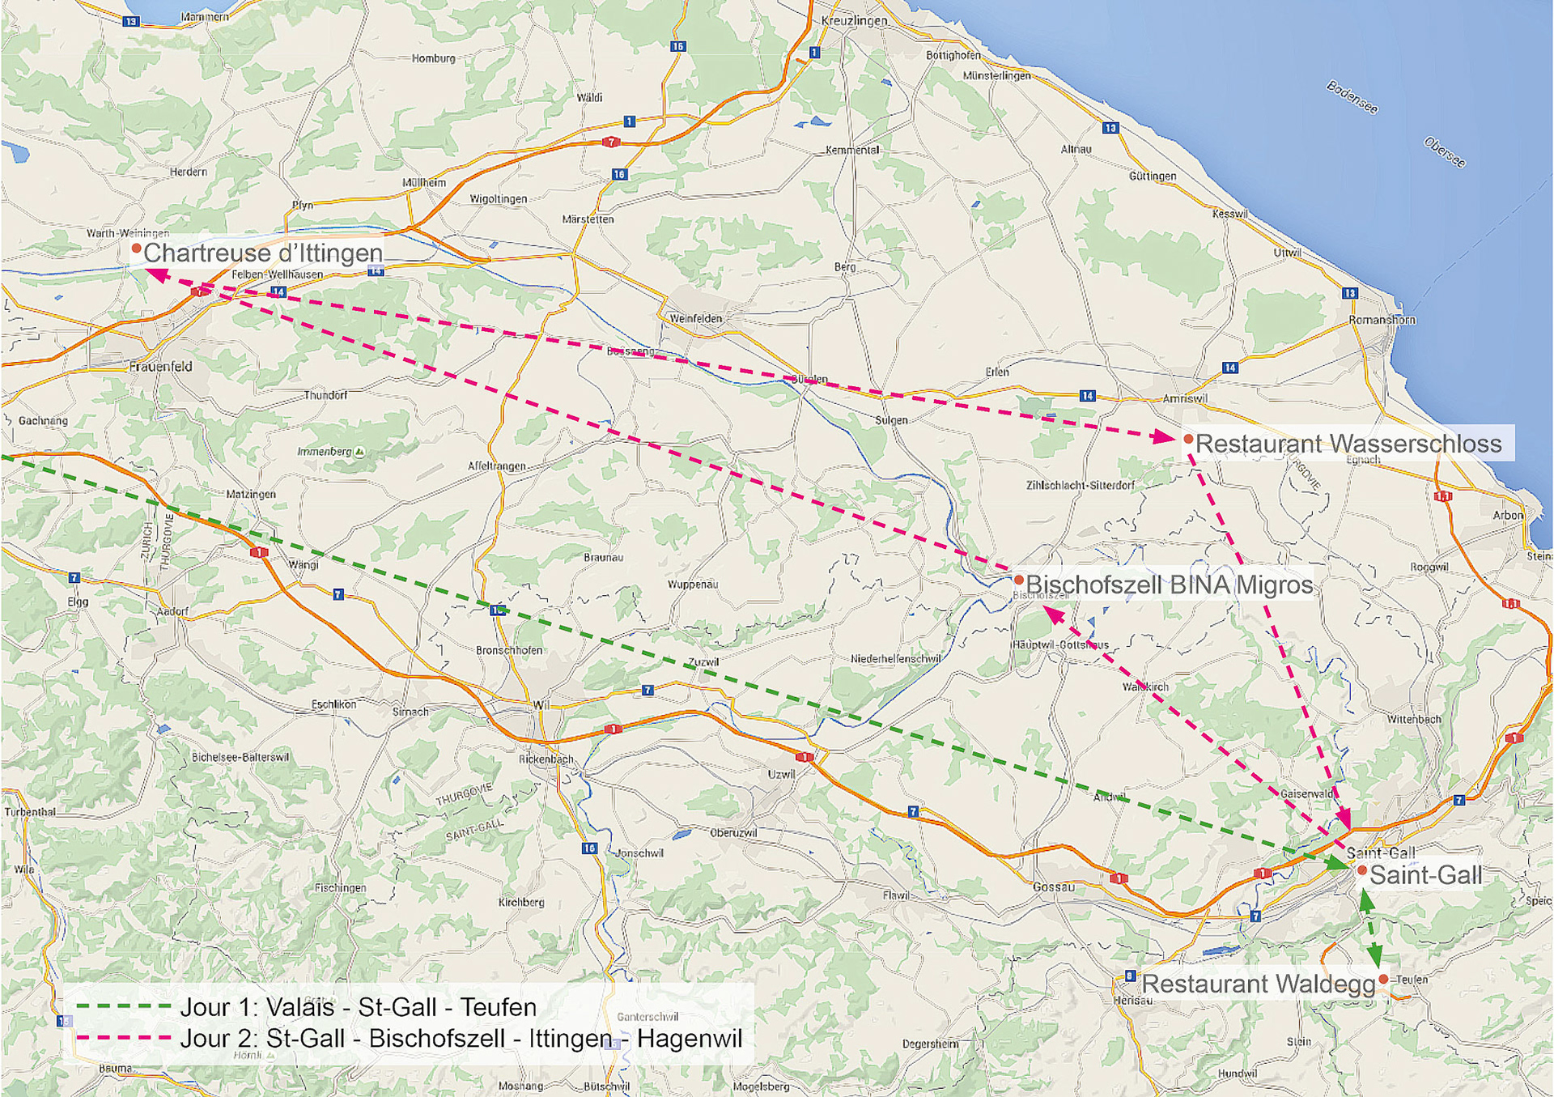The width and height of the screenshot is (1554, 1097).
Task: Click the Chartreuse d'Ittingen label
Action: coord(262,253)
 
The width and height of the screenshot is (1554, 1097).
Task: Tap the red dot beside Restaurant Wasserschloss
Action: coord(1188,439)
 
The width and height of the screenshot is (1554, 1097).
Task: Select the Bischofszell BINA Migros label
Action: coord(1169,585)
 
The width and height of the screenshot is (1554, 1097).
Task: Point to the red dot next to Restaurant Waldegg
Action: coord(1383,980)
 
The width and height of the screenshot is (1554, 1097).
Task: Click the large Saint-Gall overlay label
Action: coord(1425,875)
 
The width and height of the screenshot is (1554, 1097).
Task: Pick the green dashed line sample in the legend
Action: coord(123,1006)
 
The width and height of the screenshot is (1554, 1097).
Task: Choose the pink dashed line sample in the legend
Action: coord(123,1037)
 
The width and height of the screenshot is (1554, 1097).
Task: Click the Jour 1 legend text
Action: coord(358,1007)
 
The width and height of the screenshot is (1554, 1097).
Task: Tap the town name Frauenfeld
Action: coord(160,367)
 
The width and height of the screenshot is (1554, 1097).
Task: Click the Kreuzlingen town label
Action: coord(854,20)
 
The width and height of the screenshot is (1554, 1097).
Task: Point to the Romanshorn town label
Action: coord(1382,320)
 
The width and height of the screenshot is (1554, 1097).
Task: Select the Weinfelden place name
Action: coord(695,318)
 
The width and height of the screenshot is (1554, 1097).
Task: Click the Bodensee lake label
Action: coord(1352,97)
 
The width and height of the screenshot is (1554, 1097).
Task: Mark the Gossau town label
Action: coord(1053,887)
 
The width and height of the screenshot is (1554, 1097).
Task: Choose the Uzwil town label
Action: coord(781,774)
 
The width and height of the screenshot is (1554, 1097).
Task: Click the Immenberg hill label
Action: coord(325,452)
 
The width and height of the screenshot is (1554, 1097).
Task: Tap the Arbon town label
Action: coord(1507,515)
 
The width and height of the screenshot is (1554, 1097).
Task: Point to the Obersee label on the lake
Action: coord(1444,153)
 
